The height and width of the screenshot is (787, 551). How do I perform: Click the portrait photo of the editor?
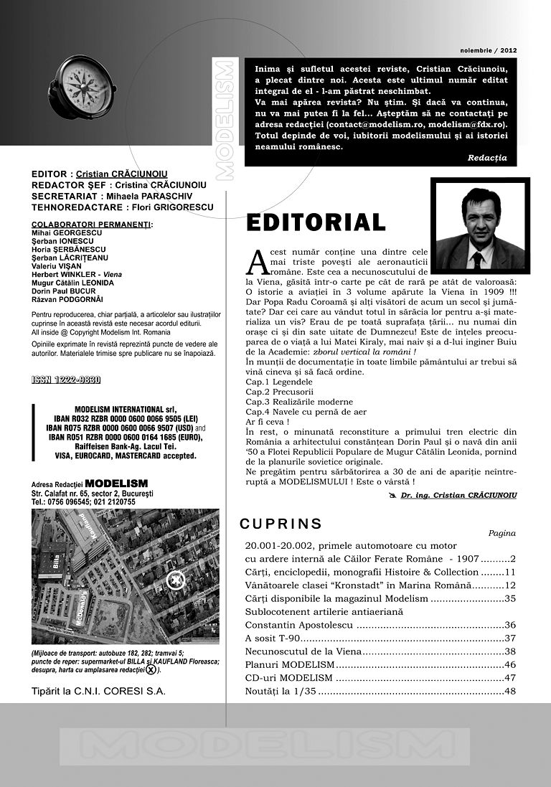click(x=480, y=226)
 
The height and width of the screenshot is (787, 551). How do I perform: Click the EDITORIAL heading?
click(x=316, y=223)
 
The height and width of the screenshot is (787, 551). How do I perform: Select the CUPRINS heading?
click(x=281, y=524)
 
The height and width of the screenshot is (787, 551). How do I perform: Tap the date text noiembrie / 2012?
click(x=488, y=51)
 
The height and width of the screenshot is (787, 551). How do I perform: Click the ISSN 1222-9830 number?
click(x=66, y=380)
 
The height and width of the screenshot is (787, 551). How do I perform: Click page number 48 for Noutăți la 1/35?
click(x=510, y=692)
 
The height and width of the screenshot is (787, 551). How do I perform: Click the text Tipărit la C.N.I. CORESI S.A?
click(x=98, y=692)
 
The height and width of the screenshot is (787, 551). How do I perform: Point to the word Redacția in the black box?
click(x=486, y=157)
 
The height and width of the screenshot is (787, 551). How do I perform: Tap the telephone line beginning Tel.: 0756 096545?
click(x=83, y=502)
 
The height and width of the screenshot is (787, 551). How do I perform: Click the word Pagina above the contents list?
click(x=501, y=533)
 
